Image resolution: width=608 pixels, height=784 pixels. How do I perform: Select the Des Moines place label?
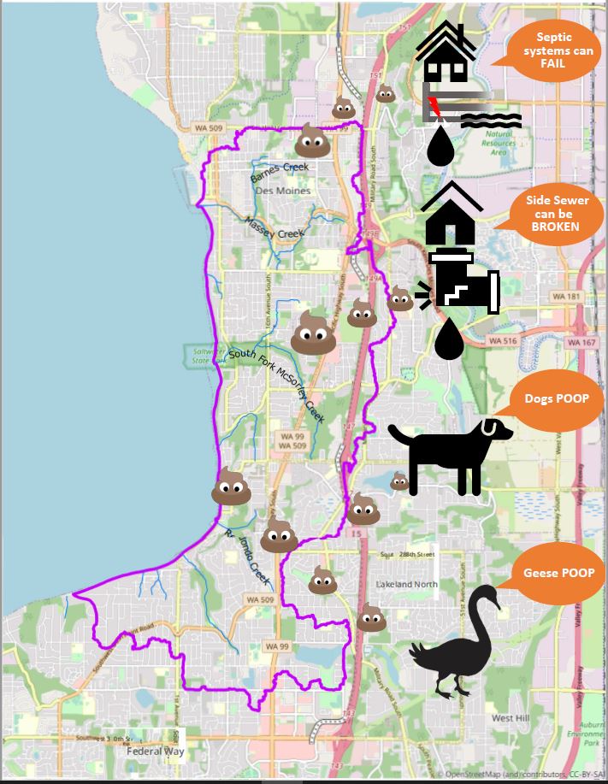(283, 191)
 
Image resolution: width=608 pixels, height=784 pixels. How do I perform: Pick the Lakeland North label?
(407, 585)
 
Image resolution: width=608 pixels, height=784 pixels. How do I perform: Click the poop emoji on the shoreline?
(232, 487)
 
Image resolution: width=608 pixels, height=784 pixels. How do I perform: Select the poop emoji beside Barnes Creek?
(313, 139)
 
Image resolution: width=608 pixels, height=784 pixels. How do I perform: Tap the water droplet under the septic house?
(440, 146)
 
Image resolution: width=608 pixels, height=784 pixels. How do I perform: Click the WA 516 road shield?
(502, 340)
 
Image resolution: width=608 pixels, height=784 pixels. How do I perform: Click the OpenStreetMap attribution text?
(522, 774)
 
